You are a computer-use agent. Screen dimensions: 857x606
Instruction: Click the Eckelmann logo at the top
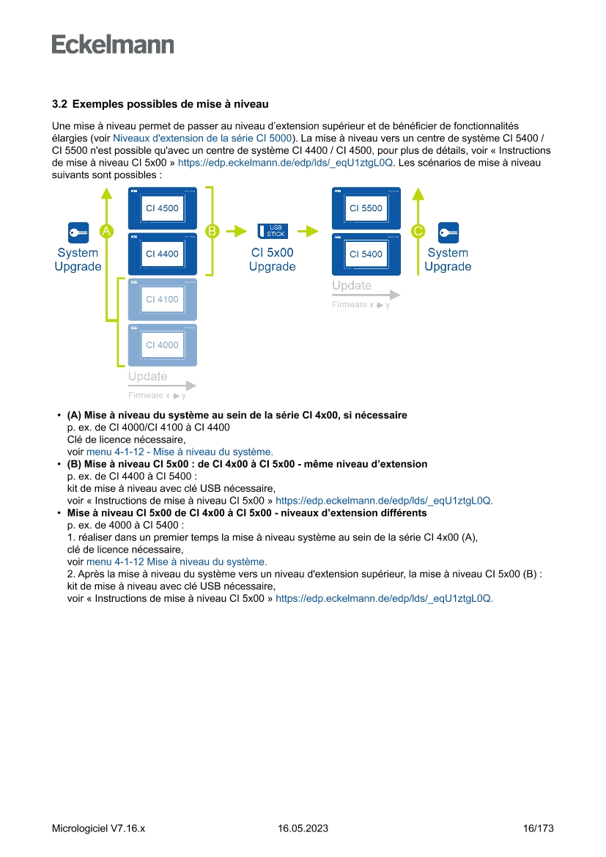113,44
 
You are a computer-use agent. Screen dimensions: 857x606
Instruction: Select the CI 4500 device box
162,208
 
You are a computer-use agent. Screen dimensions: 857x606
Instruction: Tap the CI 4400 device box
162,254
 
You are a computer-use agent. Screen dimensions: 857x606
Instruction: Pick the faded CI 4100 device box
162,299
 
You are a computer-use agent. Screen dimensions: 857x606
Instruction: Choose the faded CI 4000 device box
162,345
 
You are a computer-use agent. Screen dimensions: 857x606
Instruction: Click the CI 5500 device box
366,208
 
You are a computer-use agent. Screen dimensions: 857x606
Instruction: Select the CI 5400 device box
366,254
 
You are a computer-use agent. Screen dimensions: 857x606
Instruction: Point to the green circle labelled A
106,231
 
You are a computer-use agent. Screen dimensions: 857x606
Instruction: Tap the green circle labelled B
212,231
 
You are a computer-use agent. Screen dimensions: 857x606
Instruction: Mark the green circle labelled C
418,231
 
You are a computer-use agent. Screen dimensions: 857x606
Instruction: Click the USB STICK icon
272,231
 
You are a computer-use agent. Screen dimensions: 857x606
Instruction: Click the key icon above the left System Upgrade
78,232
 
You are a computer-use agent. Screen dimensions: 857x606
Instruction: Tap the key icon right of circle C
448,232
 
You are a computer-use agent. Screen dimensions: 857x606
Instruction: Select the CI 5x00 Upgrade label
272,260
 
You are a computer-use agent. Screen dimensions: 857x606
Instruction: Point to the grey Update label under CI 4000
147,377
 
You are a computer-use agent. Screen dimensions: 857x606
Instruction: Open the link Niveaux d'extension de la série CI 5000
203,138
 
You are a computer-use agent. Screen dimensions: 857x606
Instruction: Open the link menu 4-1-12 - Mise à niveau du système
180,452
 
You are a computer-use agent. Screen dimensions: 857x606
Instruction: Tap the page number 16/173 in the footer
539,828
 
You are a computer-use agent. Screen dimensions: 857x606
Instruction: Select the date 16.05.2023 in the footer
303,828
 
